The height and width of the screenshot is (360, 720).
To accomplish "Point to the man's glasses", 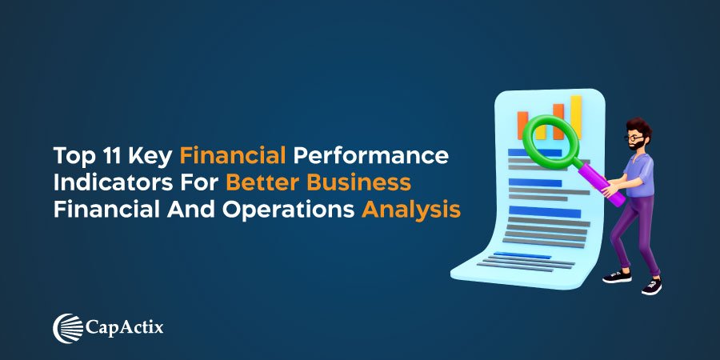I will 634,138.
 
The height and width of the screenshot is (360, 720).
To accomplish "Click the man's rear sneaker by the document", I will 617,276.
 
